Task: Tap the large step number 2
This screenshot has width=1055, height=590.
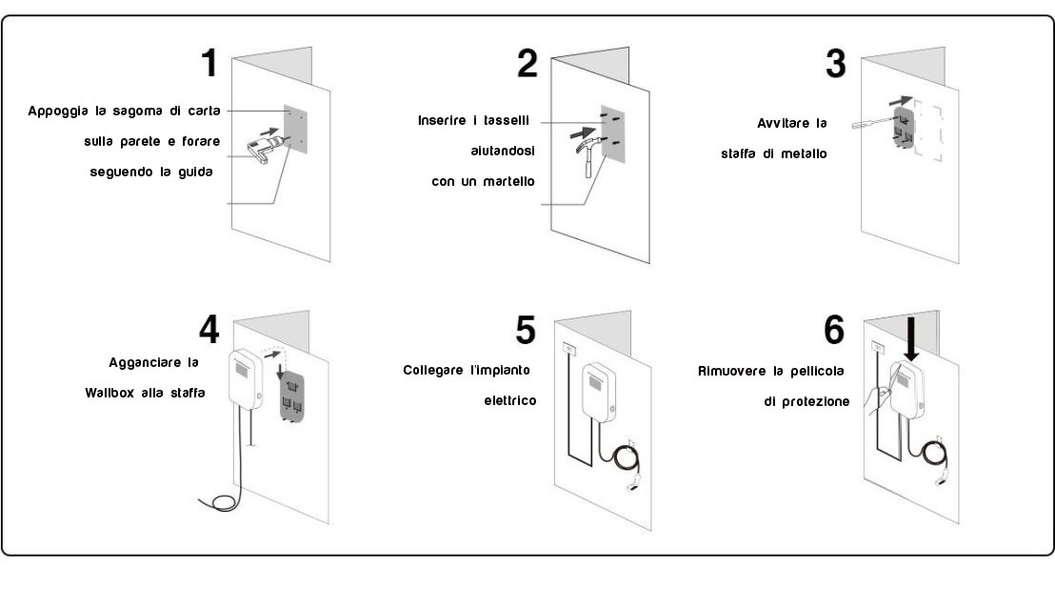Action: (526, 63)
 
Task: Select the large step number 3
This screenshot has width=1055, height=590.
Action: (835, 64)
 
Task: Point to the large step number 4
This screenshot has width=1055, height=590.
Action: (208, 329)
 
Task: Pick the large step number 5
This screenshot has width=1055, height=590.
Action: (526, 329)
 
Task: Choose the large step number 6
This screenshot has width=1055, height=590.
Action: (834, 329)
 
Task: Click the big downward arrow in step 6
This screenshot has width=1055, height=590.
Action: (911, 341)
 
